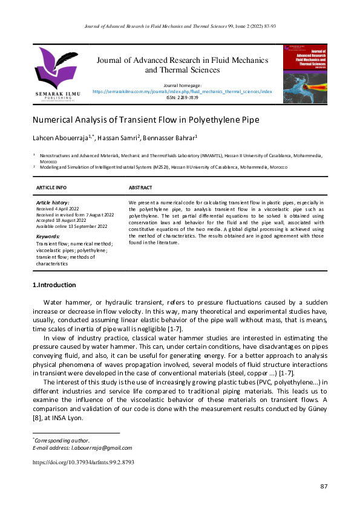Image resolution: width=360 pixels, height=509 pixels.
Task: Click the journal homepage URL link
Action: (x=182, y=91)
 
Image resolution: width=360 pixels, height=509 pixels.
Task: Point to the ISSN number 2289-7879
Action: (x=182, y=97)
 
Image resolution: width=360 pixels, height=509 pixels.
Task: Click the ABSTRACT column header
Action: (x=140, y=188)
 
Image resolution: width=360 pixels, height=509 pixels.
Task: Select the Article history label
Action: (x=53, y=202)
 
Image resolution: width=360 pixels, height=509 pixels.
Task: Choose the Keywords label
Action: (x=50, y=236)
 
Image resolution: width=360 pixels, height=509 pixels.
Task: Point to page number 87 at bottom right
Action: (x=323, y=487)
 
